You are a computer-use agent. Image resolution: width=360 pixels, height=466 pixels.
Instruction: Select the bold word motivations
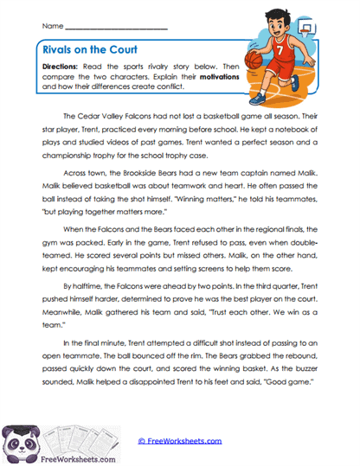[220, 77]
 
